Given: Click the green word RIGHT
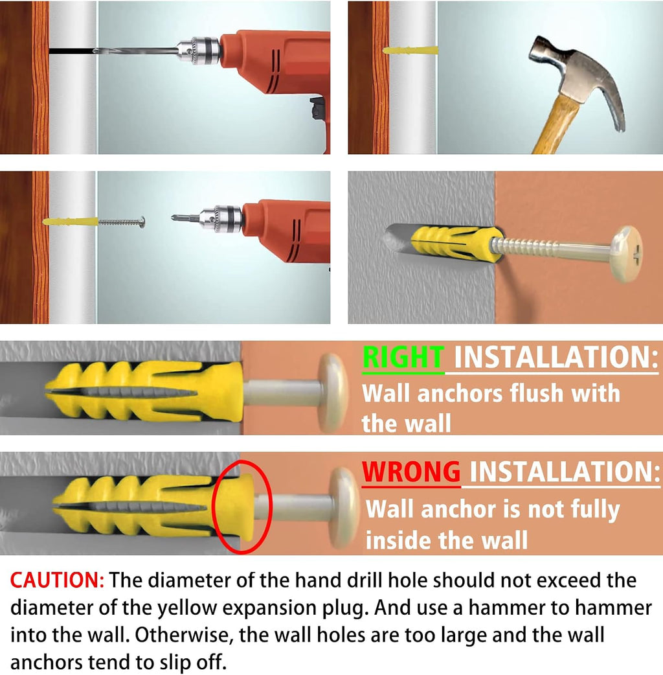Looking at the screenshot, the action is [x=403, y=358].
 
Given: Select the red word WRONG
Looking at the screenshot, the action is [x=411, y=472].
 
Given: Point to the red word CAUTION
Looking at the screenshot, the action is [x=57, y=580].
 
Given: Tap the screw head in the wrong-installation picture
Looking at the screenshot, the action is [x=344, y=507].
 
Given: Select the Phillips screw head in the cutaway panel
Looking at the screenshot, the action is [x=627, y=253].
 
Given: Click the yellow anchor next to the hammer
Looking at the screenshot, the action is [x=410, y=50].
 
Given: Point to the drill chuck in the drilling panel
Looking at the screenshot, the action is [x=199, y=51].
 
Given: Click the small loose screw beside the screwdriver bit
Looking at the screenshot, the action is [x=122, y=222].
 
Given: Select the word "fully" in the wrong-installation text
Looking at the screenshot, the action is [x=595, y=510].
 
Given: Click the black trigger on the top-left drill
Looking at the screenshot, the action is [x=318, y=108].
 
